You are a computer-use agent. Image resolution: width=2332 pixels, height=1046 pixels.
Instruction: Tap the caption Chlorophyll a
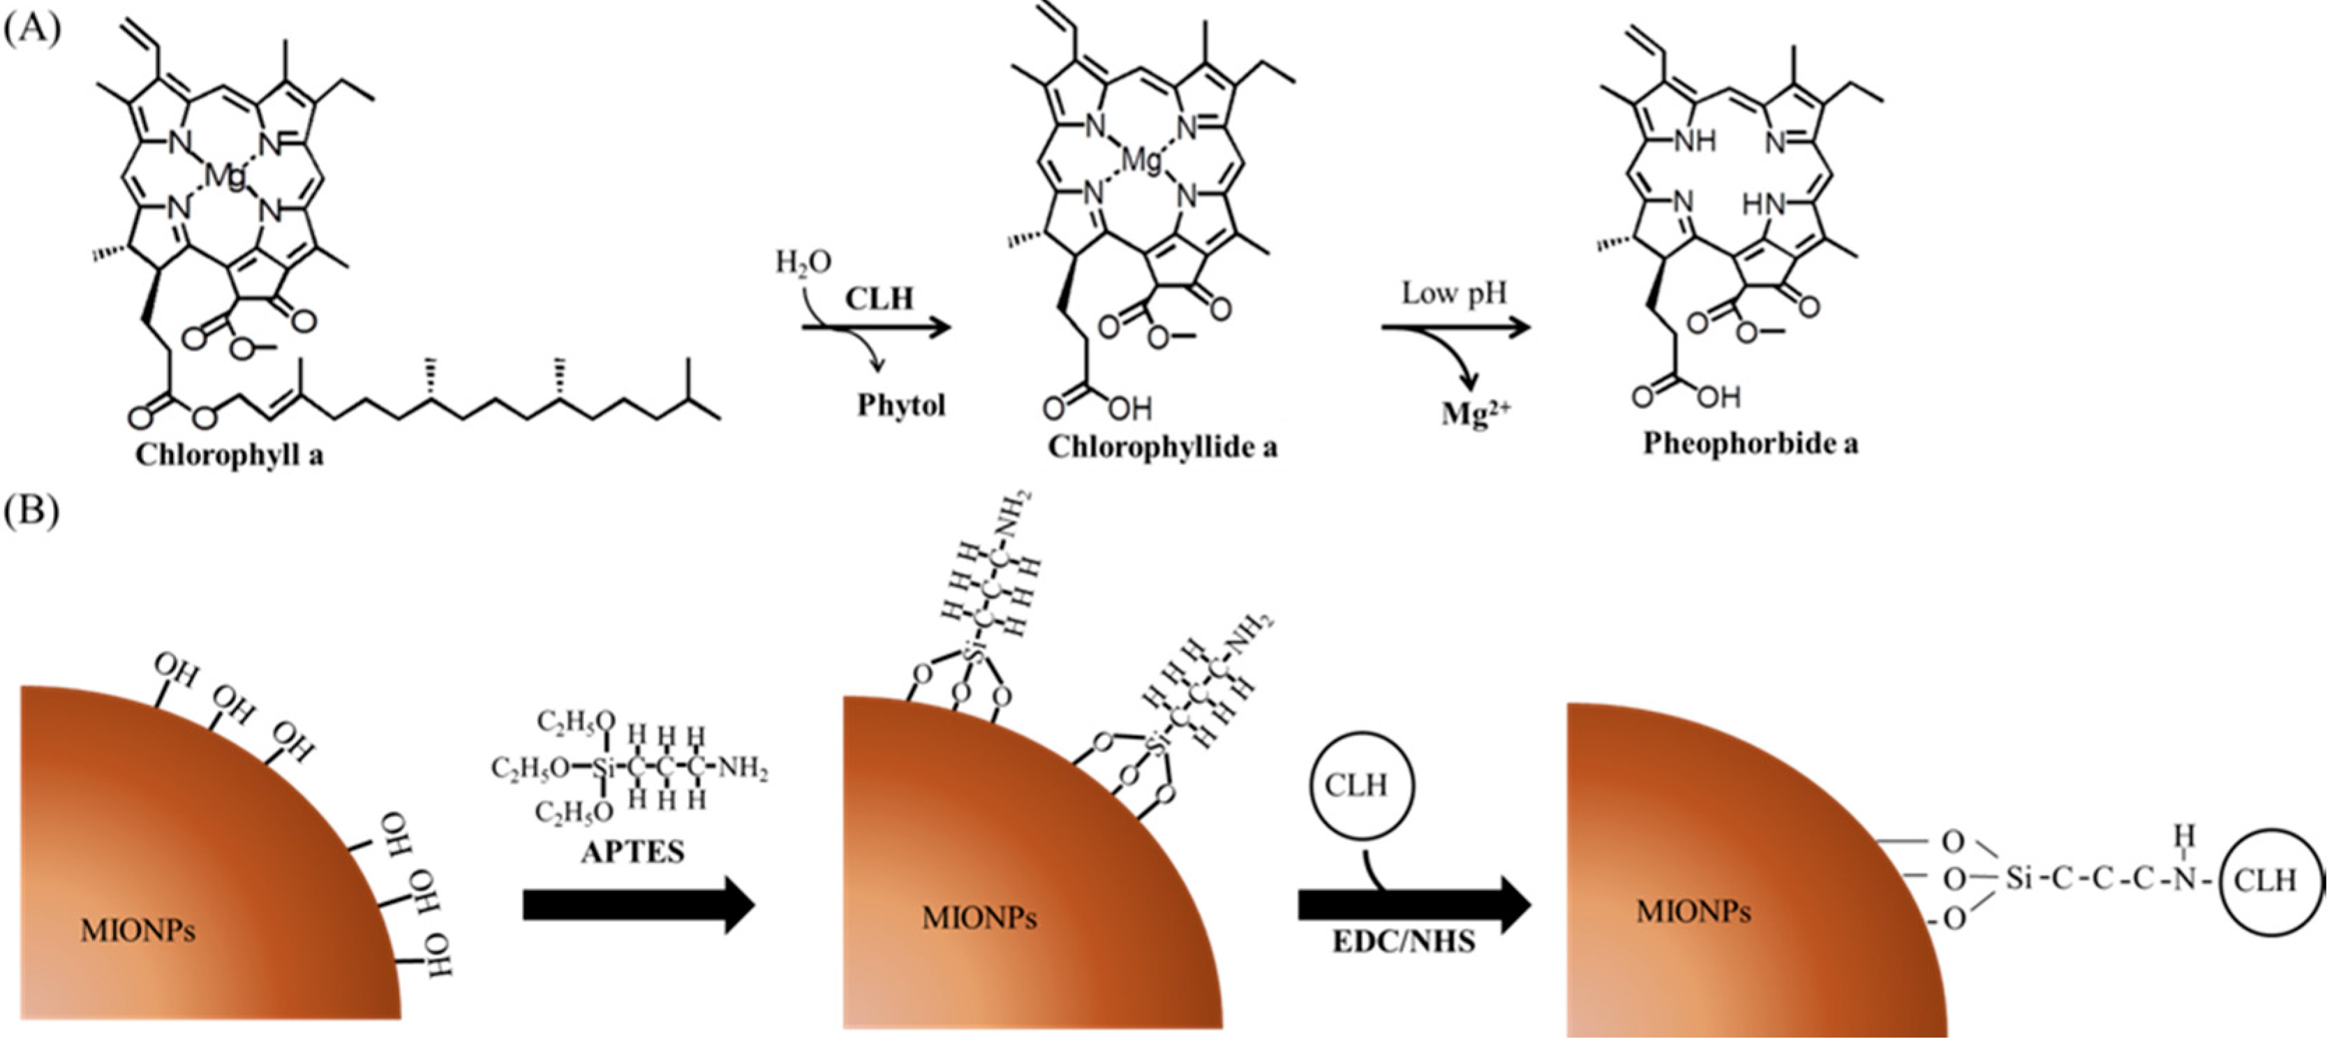tap(229, 454)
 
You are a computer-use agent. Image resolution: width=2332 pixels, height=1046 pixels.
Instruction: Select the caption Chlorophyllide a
tap(1162, 446)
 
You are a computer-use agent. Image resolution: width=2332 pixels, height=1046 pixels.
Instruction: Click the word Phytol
tap(900, 405)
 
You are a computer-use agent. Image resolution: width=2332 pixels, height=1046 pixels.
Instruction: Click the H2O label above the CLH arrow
tap(803, 263)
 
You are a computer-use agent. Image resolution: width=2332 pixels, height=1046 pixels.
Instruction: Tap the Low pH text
tap(1454, 293)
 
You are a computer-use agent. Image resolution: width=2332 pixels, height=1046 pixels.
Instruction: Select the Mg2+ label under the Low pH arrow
tap(1476, 413)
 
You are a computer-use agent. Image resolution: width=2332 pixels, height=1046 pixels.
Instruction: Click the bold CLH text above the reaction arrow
tap(879, 298)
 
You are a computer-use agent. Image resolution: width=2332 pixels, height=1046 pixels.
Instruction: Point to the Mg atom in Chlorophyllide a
tap(1141, 161)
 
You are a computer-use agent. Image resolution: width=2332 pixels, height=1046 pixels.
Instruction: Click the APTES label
tap(633, 851)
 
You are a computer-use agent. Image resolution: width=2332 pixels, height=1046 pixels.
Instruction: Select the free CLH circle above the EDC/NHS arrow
tap(1356, 784)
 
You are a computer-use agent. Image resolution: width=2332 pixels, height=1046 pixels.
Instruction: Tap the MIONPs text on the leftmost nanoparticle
tap(138, 930)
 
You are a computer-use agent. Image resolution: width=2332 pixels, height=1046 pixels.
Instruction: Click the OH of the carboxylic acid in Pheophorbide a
tap(1718, 397)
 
